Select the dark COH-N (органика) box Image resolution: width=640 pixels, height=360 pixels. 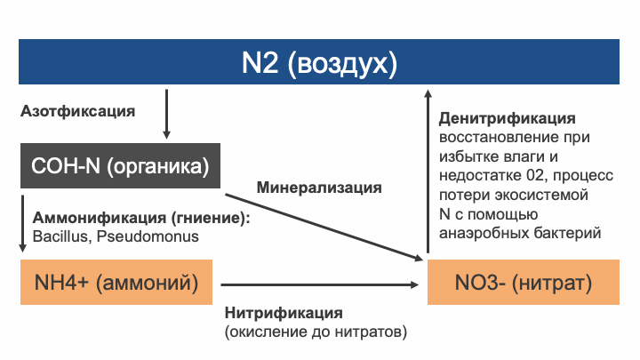[120, 166]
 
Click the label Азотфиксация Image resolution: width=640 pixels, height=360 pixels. [77, 112]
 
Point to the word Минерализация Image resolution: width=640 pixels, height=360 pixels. [319, 188]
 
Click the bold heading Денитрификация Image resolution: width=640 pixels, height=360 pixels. [508, 118]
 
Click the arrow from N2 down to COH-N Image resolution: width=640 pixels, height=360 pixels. [166, 116]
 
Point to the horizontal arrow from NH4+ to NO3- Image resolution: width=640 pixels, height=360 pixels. [319, 284]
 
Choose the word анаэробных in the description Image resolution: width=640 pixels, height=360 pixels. [484, 233]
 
